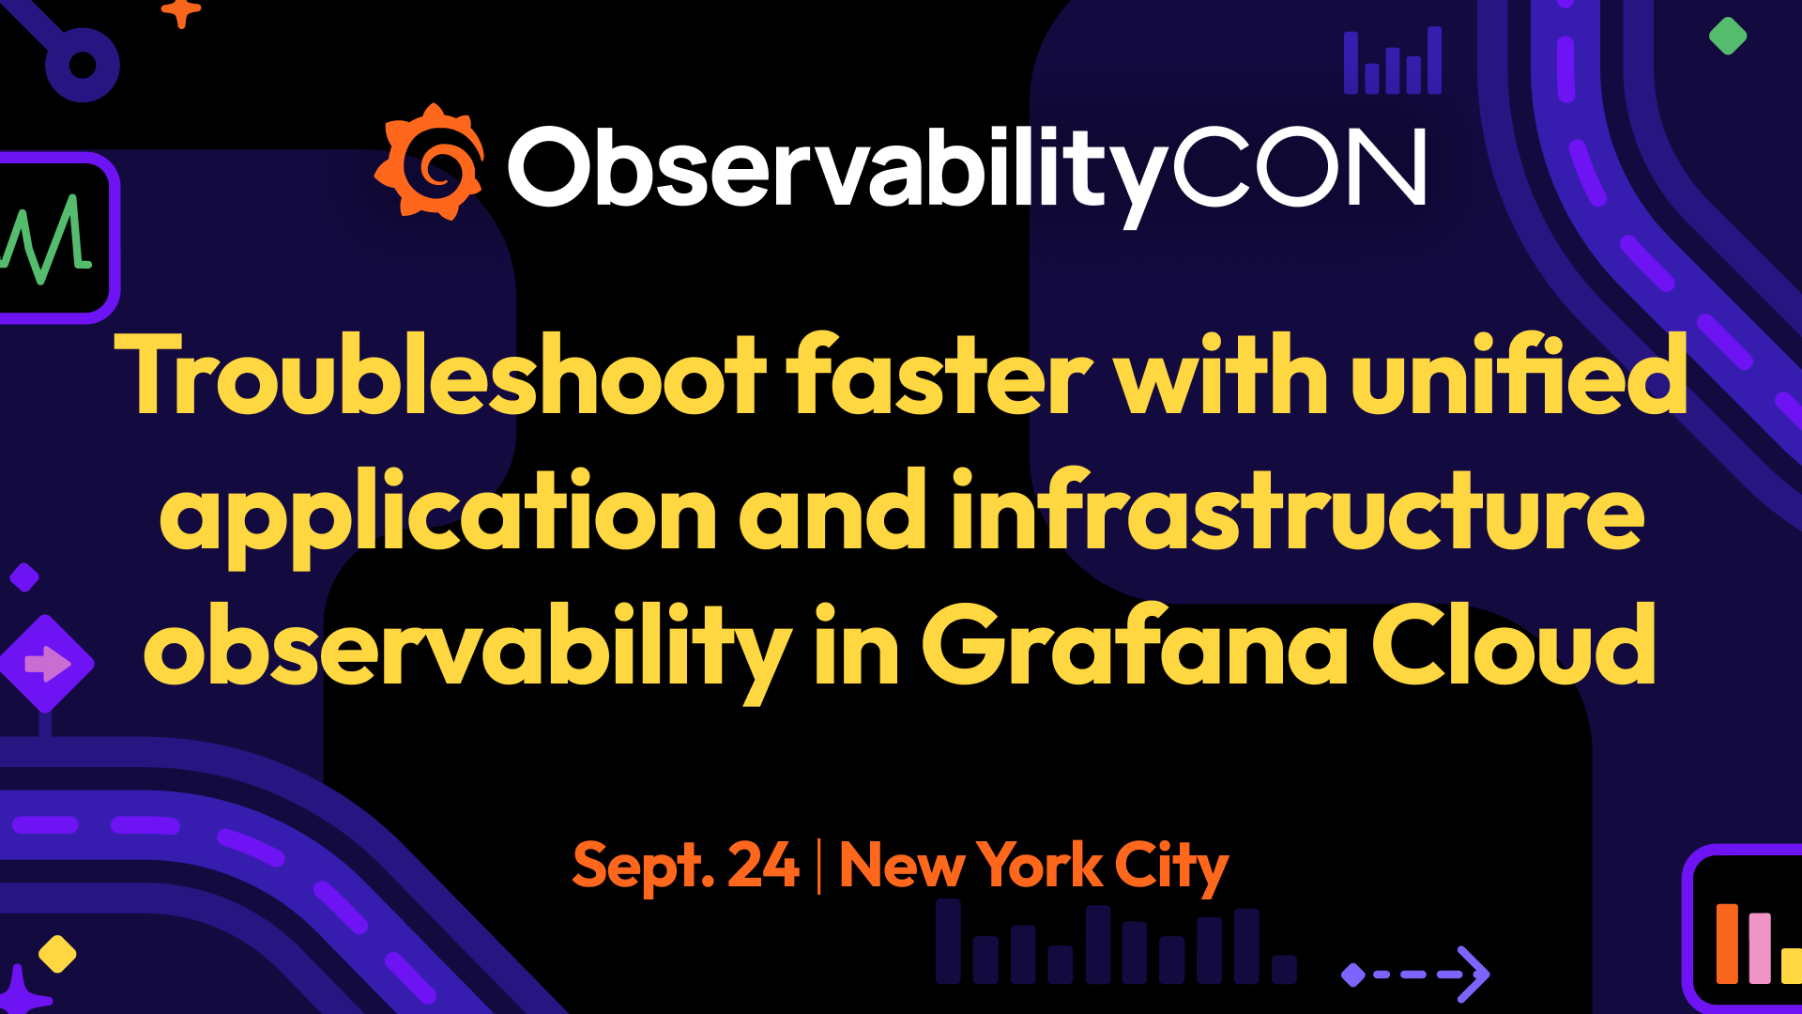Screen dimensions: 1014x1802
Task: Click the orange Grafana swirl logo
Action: [x=430, y=162]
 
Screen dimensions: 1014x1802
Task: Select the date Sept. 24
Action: [x=685, y=866]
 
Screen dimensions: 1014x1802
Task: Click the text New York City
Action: [x=1033, y=866]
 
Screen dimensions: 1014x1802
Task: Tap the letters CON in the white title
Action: [x=1299, y=167]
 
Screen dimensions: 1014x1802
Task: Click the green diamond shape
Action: [x=1727, y=37]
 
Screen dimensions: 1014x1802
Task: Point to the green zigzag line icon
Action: [x=47, y=238]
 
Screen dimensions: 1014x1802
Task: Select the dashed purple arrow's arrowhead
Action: [x=1474, y=974]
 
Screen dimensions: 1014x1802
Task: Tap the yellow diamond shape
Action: [x=57, y=954]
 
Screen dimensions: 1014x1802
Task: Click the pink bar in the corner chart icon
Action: [x=1759, y=947]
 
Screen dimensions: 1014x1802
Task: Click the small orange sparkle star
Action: [x=181, y=12]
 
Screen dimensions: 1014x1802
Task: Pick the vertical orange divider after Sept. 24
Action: [x=818, y=866]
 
